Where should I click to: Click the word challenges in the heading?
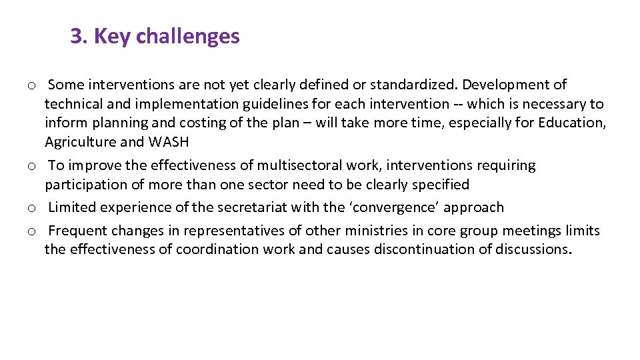click(187, 36)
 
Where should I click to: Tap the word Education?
click(573, 123)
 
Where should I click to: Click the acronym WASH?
click(169, 142)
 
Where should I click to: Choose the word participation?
click(83, 185)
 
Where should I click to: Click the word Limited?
click(72, 207)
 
